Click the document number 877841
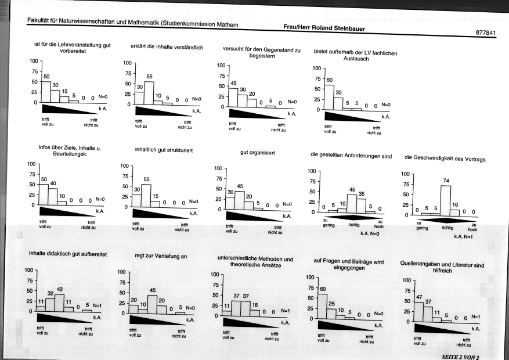tap(486, 33)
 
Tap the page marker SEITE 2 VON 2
tap(460, 357)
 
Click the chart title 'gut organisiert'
tap(258, 152)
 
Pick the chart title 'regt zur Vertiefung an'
tap(161, 256)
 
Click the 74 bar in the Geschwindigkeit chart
tap(445, 201)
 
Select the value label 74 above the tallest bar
tap(445, 181)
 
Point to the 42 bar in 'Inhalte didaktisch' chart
tap(59, 303)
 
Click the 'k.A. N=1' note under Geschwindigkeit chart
tap(463, 237)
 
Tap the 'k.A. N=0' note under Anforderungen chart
tap(370, 233)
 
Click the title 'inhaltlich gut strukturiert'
tap(164, 150)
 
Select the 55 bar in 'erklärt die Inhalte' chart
tap(149, 93)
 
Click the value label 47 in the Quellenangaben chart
tap(419, 297)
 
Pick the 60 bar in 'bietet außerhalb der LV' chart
tap(329, 98)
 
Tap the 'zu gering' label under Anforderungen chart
tap(328, 223)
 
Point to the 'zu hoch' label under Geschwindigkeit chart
tap(472, 227)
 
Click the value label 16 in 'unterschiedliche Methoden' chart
tap(255, 305)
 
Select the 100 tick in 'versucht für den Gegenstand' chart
tap(221, 66)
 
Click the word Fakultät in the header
tap(37, 20)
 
